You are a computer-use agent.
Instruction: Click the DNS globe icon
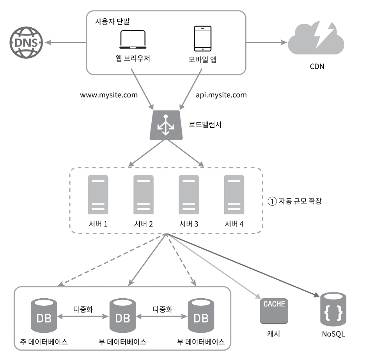click(x=26, y=43)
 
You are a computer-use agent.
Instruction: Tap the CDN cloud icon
click(x=316, y=38)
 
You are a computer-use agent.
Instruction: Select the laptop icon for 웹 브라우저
click(x=133, y=39)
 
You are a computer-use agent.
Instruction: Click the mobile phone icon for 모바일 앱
click(x=203, y=39)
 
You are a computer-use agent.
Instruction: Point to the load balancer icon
click(x=166, y=125)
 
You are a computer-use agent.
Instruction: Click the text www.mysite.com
click(x=109, y=95)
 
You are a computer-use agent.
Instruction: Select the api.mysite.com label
click(x=221, y=95)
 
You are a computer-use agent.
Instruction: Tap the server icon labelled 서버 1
click(x=98, y=194)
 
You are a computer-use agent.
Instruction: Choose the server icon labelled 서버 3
click(x=189, y=194)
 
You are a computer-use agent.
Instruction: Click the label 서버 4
click(x=234, y=224)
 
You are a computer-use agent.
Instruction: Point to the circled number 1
click(x=272, y=201)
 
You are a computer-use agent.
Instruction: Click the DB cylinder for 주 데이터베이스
click(x=44, y=315)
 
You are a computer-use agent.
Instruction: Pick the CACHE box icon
click(x=274, y=311)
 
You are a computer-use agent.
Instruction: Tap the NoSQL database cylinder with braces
click(x=333, y=309)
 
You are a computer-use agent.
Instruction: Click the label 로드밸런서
click(x=205, y=125)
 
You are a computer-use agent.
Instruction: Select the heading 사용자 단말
click(x=112, y=21)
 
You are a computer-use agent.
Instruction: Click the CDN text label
click(x=317, y=66)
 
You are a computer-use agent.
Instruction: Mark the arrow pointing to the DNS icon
click(x=66, y=43)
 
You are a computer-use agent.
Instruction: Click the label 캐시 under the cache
click(x=274, y=334)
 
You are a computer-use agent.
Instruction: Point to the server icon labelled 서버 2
click(x=144, y=194)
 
